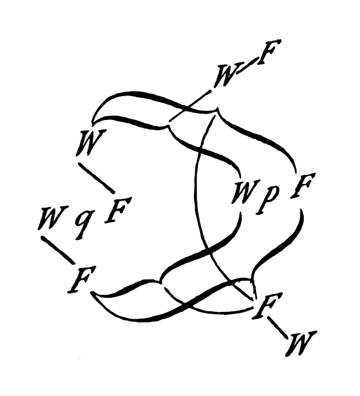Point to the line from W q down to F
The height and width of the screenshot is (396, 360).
(59, 249)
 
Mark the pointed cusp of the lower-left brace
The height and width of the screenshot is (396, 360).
(160, 281)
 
